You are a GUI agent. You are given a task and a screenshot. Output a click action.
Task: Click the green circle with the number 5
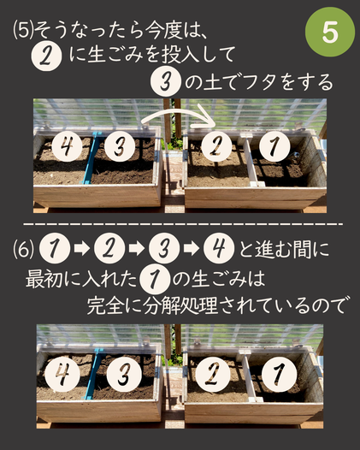click(x=329, y=33)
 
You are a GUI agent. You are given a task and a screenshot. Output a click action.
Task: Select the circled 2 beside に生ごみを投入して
click(x=46, y=56)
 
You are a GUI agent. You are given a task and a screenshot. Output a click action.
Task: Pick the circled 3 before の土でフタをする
click(x=166, y=82)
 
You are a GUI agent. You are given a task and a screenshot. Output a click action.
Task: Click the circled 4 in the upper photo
click(x=67, y=146)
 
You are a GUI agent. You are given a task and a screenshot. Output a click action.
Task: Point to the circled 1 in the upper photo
click(x=274, y=146)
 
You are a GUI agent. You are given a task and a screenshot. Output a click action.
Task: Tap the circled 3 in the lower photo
click(x=124, y=374)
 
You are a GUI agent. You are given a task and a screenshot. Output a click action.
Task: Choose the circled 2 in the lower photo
click(x=213, y=374)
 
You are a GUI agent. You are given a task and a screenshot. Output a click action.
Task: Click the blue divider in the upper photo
click(x=91, y=158)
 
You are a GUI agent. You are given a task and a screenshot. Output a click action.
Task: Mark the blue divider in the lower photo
click(x=93, y=374)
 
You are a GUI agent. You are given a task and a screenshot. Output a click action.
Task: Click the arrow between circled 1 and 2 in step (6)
click(x=82, y=248)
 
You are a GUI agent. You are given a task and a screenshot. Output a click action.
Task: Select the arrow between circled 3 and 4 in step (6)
click(x=192, y=248)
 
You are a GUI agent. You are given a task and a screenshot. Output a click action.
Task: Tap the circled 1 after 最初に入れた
click(x=155, y=279)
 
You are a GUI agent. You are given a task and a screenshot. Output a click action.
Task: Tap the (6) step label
click(x=23, y=249)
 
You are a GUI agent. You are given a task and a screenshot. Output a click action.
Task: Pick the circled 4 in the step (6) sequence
click(x=219, y=248)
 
